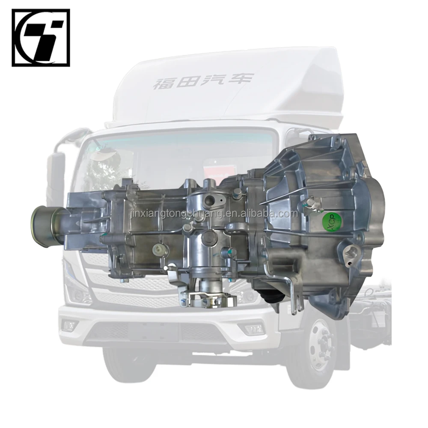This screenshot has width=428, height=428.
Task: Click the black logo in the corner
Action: click(x=41, y=38)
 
